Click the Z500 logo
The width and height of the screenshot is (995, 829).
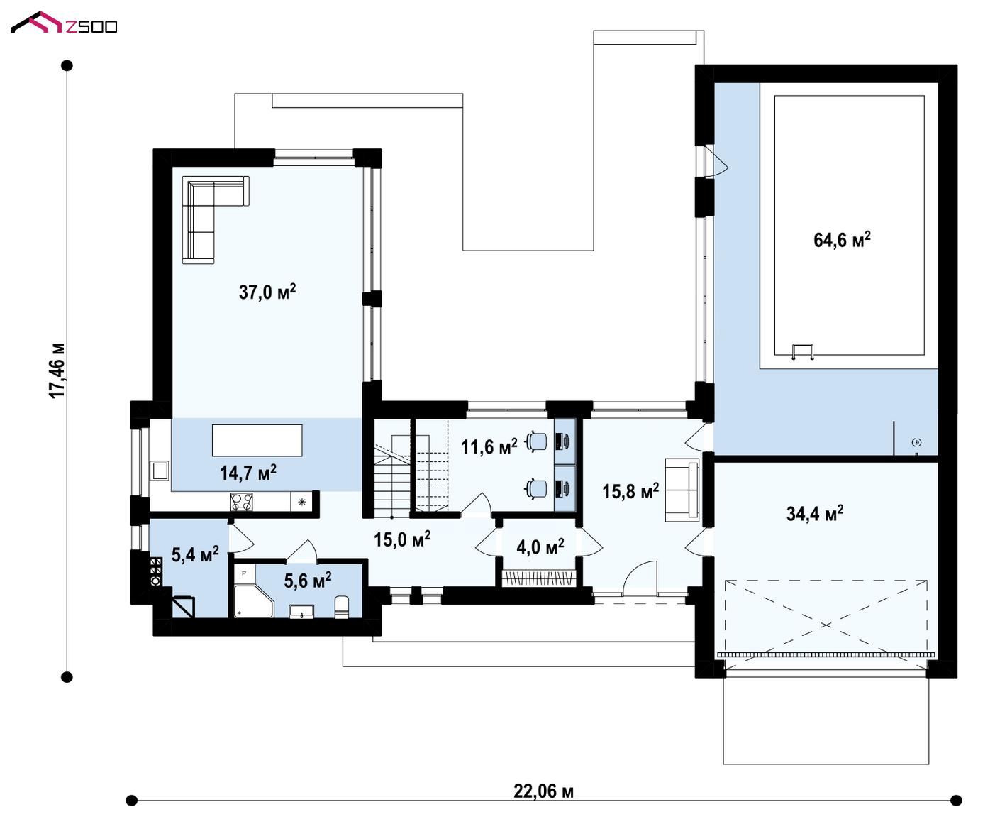(x=64, y=23)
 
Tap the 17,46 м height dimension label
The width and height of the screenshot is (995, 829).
(x=57, y=370)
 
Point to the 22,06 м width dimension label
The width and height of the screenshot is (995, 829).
(x=543, y=791)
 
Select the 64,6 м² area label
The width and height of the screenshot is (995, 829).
(x=842, y=239)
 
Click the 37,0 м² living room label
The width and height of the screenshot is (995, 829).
(x=267, y=291)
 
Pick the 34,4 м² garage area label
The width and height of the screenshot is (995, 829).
(x=815, y=513)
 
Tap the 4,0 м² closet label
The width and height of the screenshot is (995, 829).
(x=540, y=547)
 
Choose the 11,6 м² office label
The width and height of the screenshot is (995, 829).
(x=489, y=447)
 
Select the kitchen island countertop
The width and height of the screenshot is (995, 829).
(x=257, y=440)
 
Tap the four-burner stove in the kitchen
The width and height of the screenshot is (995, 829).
(x=242, y=502)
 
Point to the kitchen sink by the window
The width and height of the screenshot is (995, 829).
(x=160, y=471)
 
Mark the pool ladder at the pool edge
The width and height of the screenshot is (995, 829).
(x=803, y=351)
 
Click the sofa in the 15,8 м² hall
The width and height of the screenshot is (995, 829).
(x=682, y=490)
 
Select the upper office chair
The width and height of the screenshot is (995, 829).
(x=537, y=440)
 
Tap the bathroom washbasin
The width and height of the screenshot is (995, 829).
(x=302, y=612)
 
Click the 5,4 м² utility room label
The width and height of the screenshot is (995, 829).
(x=195, y=554)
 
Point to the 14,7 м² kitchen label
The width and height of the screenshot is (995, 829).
(x=248, y=473)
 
